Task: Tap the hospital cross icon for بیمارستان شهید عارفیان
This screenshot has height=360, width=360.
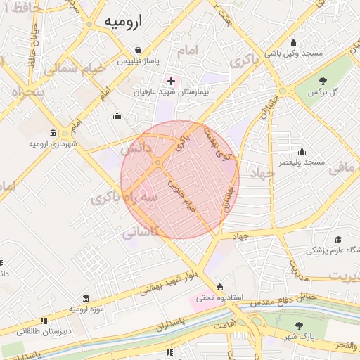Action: click(x=171, y=82)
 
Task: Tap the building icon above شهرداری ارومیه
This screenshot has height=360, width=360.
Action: click(x=53, y=133)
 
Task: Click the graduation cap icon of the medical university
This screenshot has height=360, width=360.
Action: click(x=338, y=240)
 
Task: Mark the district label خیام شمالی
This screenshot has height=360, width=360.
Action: click(x=73, y=69)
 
